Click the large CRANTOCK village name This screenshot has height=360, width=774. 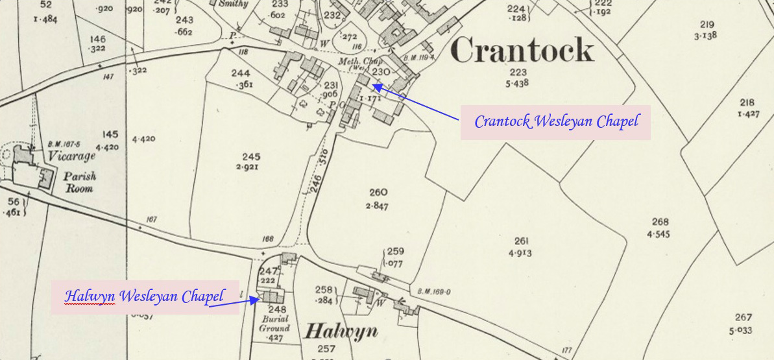522,51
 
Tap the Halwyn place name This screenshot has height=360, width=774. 341,331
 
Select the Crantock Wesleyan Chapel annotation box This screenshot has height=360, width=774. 555,122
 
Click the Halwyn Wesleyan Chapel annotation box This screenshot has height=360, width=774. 145,297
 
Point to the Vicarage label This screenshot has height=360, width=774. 72,156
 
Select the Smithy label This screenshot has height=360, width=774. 234,4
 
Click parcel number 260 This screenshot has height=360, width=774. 378,192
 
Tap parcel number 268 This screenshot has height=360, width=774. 660,222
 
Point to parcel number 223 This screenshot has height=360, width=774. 518,72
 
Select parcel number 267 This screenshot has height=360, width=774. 743,317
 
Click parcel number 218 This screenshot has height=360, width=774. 747,102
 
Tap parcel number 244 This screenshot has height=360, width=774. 241,73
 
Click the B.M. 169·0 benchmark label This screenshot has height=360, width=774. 430,292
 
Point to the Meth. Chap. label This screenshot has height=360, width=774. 353,62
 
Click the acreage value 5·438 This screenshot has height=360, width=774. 519,83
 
